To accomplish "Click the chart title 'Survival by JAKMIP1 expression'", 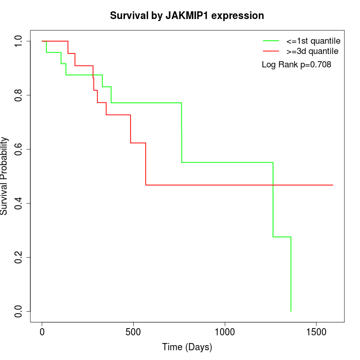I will coord(187,16).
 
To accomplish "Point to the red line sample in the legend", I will coord(271,51).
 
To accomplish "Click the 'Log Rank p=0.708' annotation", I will coord(296,65).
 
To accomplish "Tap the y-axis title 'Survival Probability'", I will coord(5,176).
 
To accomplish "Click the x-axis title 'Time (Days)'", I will coord(187,348).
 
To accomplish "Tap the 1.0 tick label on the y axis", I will coord(19,41).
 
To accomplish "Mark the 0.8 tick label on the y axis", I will coord(19,95).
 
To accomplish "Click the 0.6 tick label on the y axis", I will coord(19,149).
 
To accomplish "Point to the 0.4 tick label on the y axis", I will coord(19,203).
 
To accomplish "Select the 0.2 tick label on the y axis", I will coord(19,257).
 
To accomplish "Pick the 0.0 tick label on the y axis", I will coord(19,311).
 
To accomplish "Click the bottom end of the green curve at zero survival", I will coord(291,311).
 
